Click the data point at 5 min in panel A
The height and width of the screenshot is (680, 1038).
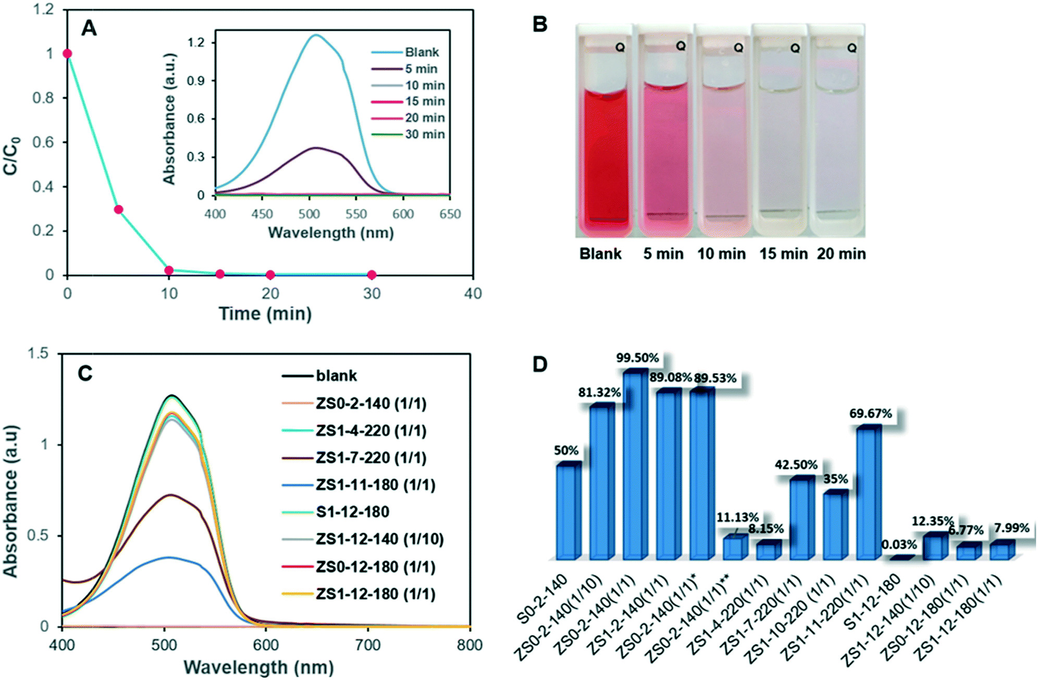coord(118,210)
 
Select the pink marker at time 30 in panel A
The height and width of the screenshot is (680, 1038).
coord(372,275)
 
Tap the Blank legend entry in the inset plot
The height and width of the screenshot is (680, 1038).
coord(422,52)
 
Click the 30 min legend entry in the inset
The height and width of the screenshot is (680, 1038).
coord(425,135)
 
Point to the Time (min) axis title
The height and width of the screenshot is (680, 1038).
coord(265,314)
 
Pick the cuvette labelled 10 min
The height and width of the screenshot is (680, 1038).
coord(722,156)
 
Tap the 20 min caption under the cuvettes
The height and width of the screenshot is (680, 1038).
coord(841,254)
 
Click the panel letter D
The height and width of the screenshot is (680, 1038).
coord(540,364)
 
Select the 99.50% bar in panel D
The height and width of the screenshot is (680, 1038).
coord(635,464)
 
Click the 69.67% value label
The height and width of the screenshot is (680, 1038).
coord(870,414)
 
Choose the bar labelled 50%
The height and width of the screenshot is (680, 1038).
coord(569,511)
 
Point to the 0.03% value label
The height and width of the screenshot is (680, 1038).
coord(899,545)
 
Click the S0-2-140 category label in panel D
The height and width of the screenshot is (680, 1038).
coord(542,600)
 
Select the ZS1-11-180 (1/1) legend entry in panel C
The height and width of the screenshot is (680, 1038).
coord(375,485)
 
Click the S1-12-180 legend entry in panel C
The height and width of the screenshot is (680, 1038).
coord(352,512)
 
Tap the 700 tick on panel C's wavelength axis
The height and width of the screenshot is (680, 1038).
coord(368,645)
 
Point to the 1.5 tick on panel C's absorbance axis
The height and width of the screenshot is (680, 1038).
coord(38,354)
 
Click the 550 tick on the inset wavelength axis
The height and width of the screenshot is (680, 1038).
coord(356,214)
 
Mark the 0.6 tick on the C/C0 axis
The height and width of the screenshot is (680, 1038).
coord(43,142)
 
